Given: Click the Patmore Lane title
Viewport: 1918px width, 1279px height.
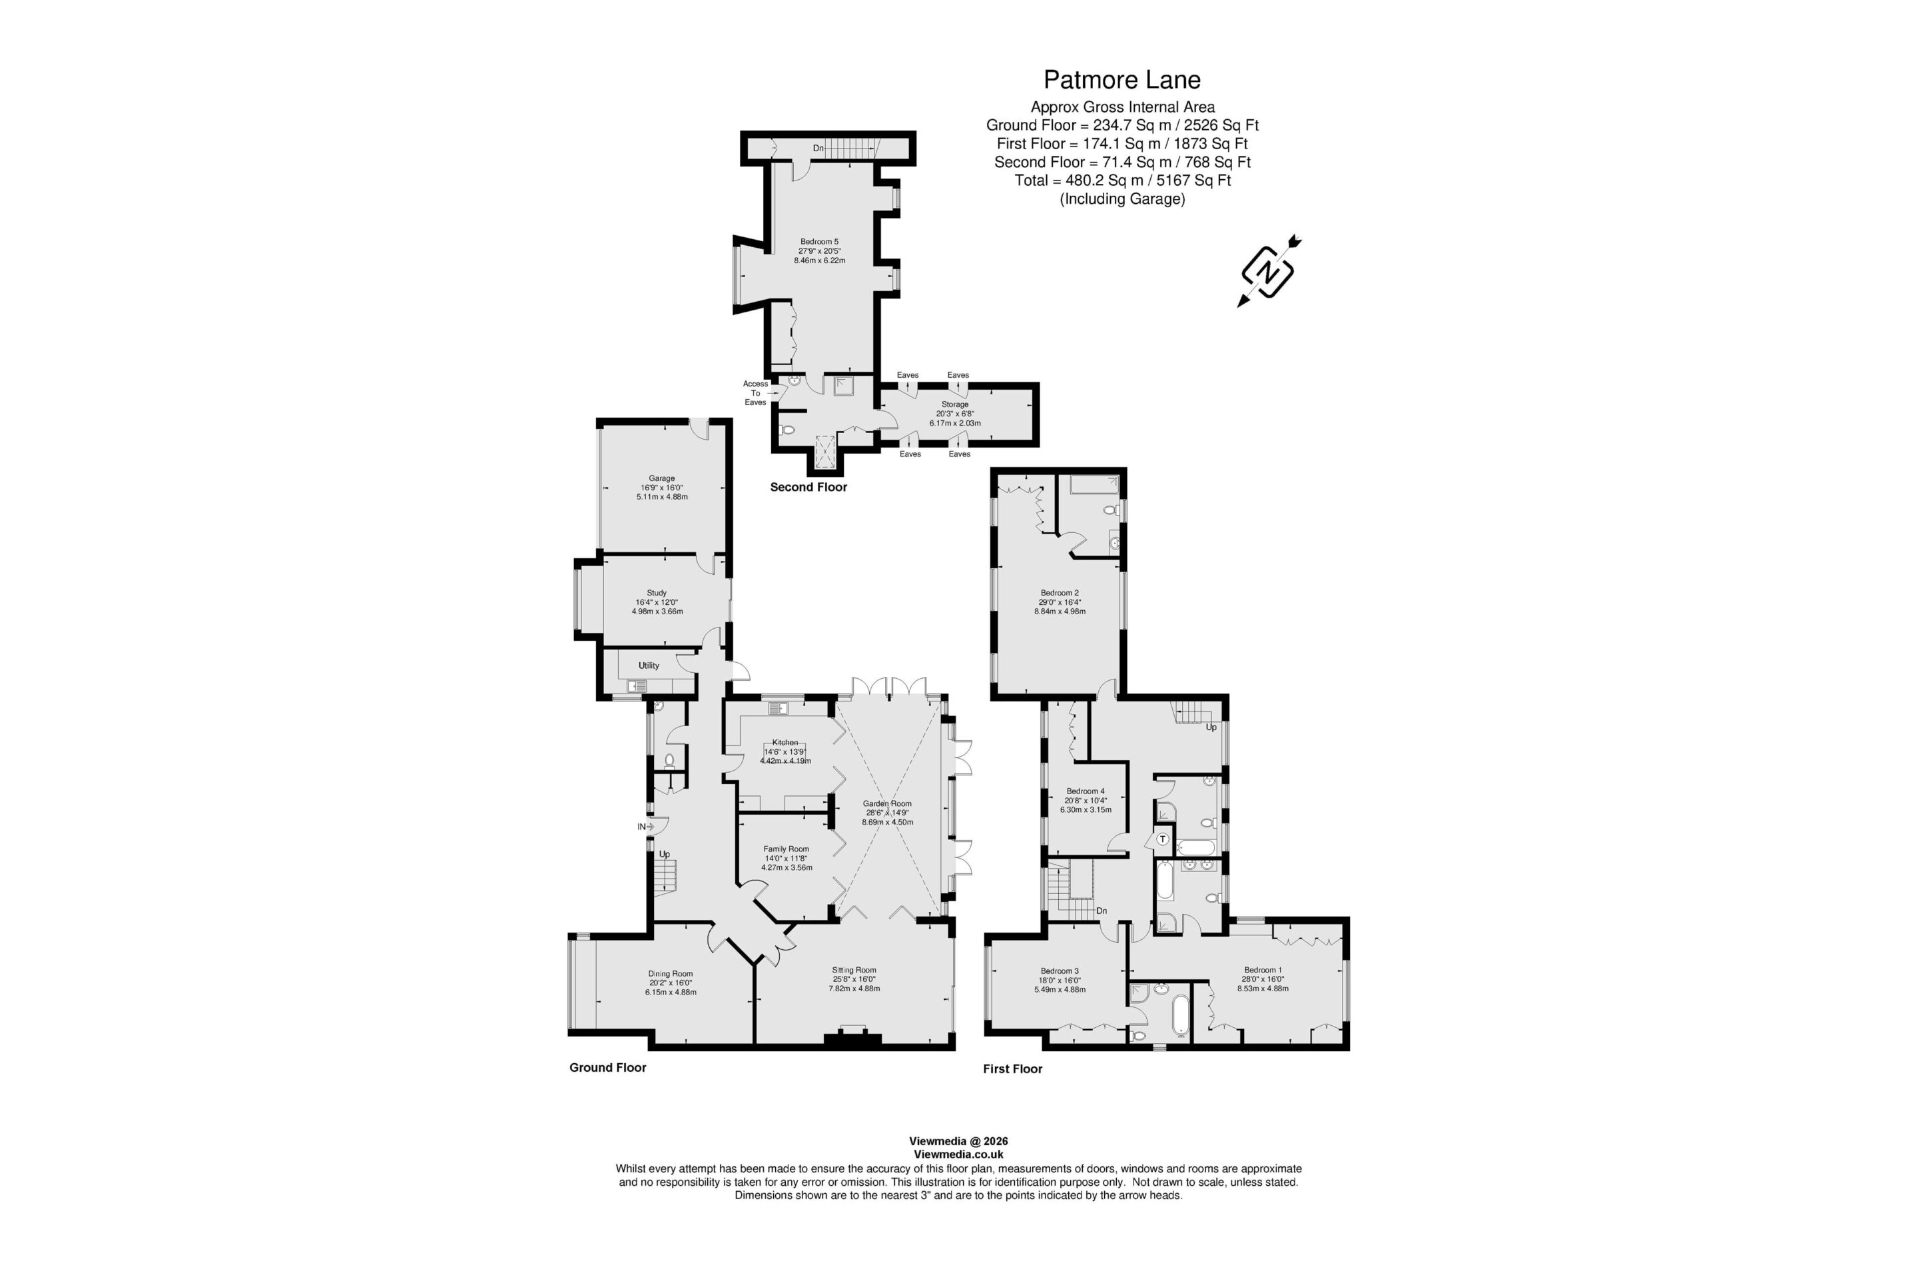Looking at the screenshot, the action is pos(1122,80).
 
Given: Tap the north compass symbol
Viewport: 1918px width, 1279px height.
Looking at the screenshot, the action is pos(1269,272).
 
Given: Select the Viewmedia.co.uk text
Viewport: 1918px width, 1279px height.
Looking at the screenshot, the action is pos(958,1154).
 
